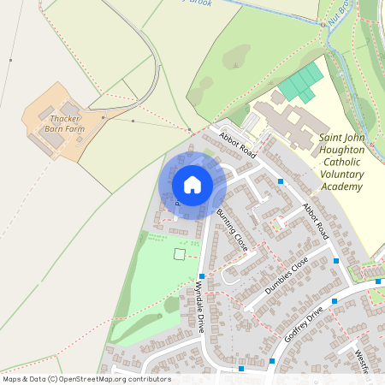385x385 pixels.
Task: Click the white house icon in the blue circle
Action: (x=192, y=184)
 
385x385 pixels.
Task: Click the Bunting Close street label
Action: (x=232, y=229)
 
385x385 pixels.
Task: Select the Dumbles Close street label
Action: (x=286, y=276)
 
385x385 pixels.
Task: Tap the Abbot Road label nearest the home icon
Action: (x=237, y=145)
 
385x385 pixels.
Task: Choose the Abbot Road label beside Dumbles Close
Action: (x=315, y=221)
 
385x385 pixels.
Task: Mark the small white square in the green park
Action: (x=179, y=253)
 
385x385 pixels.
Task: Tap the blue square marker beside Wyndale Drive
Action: (x=202, y=275)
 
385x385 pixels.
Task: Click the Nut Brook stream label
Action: (x=338, y=15)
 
